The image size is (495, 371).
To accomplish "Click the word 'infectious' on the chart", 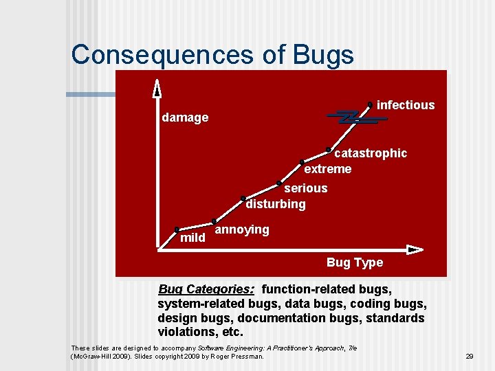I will coord(406,105).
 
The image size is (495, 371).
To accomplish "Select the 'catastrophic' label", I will coord(370,153).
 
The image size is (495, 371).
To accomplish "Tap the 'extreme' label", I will coord(327,169).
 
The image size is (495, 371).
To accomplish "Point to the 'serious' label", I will coord(306,188).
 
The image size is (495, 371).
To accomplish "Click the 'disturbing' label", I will coord(276,204).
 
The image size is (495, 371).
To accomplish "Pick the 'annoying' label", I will coord(242,229).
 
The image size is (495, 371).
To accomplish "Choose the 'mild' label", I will coord(192,238).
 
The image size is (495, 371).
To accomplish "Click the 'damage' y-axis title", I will coord(185,117).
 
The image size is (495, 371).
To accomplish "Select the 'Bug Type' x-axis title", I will coord(355,262).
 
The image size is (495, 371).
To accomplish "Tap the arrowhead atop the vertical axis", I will coord(157,87).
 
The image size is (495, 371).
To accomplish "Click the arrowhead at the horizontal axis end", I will coord(415,249).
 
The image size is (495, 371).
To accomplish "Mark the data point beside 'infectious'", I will coord(370,104).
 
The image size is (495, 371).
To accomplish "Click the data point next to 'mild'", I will coord(177,229).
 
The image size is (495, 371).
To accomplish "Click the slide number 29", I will coord(470,356).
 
